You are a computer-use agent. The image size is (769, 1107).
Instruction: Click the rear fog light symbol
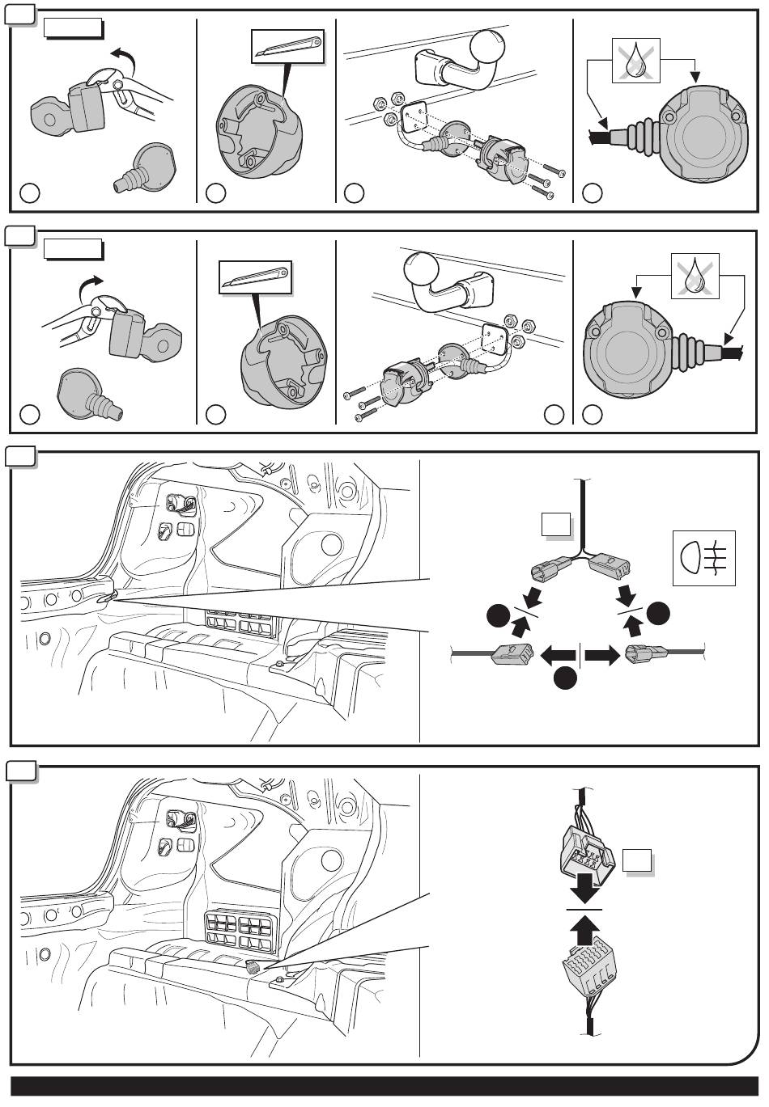pos(703,558)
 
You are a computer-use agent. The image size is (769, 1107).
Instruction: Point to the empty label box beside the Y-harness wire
pos(557,526)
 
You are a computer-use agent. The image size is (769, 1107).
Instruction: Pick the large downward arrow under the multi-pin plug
pos(584,892)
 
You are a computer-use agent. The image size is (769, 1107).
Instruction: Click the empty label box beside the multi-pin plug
pos(638,863)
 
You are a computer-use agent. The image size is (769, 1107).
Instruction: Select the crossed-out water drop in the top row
pos(636,61)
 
